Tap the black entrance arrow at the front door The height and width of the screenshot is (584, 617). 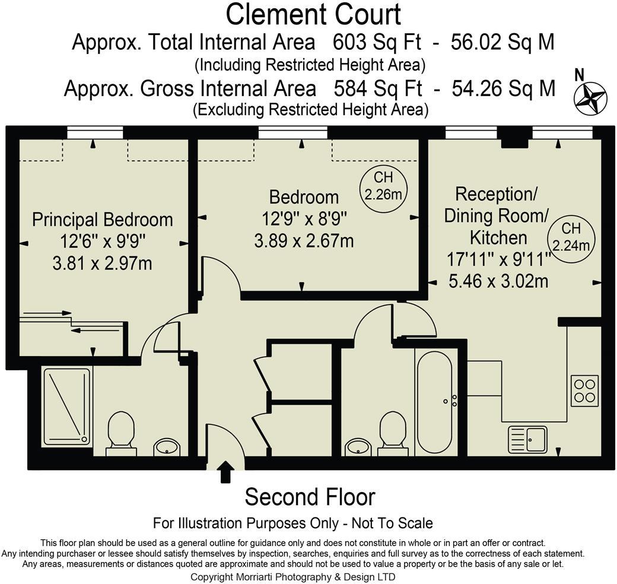click(x=225, y=471)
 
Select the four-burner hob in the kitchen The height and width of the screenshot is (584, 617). click(x=584, y=391)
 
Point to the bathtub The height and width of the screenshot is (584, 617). click(x=434, y=402)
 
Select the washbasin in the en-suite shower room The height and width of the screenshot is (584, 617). click(x=167, y=447)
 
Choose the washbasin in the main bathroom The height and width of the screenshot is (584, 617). click(x=358, y=447)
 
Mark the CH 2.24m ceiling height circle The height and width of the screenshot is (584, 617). click(x=571, y=237)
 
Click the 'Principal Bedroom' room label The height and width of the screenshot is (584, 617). click(x=102, y=220)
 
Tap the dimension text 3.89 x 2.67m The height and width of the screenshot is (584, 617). click(x=304, y=240)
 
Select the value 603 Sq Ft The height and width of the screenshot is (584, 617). click(x=377, y=42)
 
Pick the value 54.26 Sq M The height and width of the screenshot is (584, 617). click(x=503, y=88)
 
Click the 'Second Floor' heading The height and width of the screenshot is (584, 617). click(x=310, y=497)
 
